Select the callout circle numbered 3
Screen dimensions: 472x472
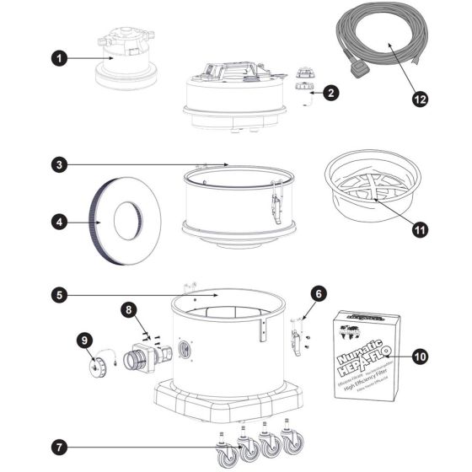(x=57, y=165)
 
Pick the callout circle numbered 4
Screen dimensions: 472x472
(x=57, y=223)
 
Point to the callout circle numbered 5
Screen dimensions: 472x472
(x=57, y=296)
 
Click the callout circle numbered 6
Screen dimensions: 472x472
(x=319, y=293)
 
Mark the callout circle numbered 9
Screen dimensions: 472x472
(x=84, y=341)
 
